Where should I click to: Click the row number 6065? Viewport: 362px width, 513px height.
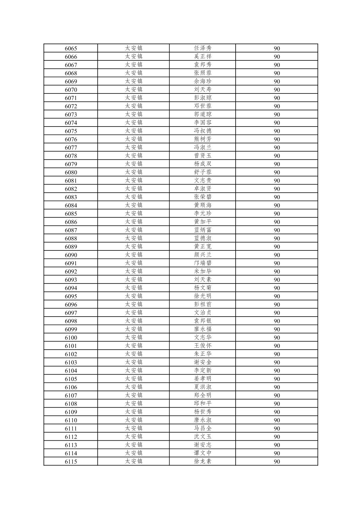pyautogui.click(x=71, y=48)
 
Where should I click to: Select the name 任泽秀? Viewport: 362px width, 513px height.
pyautogui.click(x=203, y=48)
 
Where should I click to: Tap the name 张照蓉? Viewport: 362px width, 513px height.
pyautogui.click(x=203, y=73)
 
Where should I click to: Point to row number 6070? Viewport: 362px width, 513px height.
pyautogui.click(x=71, y=90)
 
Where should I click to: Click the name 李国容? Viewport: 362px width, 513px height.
pyautogui.click(x=203, y=123)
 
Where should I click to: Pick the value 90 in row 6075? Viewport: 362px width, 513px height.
pyautogui.click(x=277, y=131)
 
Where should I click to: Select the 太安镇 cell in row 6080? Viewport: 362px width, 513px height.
pyautogui.click(x=133, y=172)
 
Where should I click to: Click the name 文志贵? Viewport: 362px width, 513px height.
pyautogui.click(x=203, y=181)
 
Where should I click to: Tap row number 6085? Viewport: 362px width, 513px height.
pyautogui.click(x=71, y=214)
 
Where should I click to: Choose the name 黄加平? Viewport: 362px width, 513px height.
pyautogui.click(x=203, y=222)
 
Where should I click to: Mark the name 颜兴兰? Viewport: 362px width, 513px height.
pyautogui.click(x=203, y=255)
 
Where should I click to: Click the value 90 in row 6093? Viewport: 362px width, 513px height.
pyautogui.click(x=277, y=280)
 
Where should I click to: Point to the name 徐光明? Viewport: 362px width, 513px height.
pyautogui.click(x=203, y=296)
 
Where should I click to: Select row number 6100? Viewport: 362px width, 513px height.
pyautogui.click(x=71, y=337)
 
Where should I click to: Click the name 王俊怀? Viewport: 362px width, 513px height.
pyautogui.click(x=203, y=346)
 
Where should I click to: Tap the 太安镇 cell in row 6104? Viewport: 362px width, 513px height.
pyautogui.click(x=133, y=371)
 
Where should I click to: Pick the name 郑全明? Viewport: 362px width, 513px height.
pyautogui.click(x=203, y=395)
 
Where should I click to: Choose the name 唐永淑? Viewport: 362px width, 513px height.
pyautogui.click(x=203, y=420)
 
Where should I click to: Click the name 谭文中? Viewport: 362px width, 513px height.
pyautogui.click(x=203, y=453)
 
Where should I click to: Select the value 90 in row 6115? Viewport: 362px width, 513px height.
pyautogui.click(x=277, y=461)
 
